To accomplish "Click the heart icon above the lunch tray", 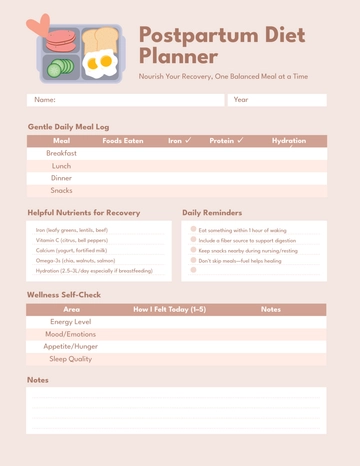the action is tap(38, 24).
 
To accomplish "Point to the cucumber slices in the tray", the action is tap(61, 68).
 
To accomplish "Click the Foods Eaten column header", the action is tap(123, 141).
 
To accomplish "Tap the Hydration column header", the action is tap(289, 141).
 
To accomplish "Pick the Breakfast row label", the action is tap(61, 154).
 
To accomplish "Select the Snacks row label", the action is tap(61, 190).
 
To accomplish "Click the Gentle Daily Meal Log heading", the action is tap(68, 127).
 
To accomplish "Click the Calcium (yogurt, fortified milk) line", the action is tap(71, 250).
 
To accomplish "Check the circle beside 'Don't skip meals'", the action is tap(193, 260).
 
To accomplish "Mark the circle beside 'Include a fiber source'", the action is tap(193, 240).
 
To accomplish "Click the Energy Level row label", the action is tap(71, 322).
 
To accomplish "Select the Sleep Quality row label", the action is tap(71, 358).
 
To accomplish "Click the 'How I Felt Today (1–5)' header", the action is tap(170, 310).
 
